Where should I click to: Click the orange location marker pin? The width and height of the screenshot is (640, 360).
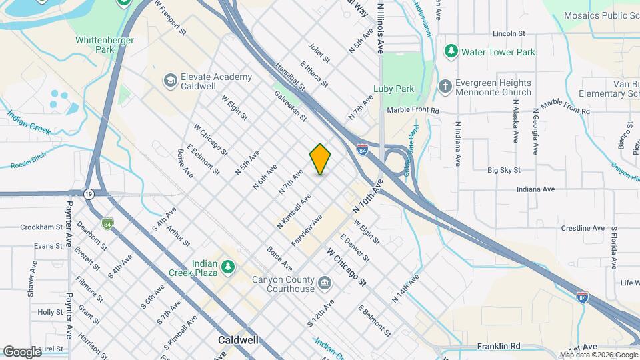(x=320, y=159)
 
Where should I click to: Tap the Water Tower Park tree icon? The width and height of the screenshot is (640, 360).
(x=451, y=51)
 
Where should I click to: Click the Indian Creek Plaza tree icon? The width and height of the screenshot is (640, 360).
(x=228, y=267)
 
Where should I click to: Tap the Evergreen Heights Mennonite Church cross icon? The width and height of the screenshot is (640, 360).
(x=445, y=87)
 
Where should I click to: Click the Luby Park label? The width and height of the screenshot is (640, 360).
(x=394, y=89)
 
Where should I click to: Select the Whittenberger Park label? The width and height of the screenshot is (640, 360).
(x=105, y=45)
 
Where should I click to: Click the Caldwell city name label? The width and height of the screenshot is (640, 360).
(x=239, y=340)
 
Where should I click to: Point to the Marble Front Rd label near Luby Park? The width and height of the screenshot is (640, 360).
(x=413, y=110)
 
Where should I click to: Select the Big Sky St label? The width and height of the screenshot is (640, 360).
(x=503, y=171)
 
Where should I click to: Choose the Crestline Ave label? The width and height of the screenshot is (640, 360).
(x=564, y=228)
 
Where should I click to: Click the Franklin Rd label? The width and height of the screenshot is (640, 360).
(x=498, y=346)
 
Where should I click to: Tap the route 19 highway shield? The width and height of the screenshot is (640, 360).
(x=89, y=193)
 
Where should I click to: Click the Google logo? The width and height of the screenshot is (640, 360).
(x=23, y=351)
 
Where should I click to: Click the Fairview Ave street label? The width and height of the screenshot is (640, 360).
(x=307, y=231)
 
